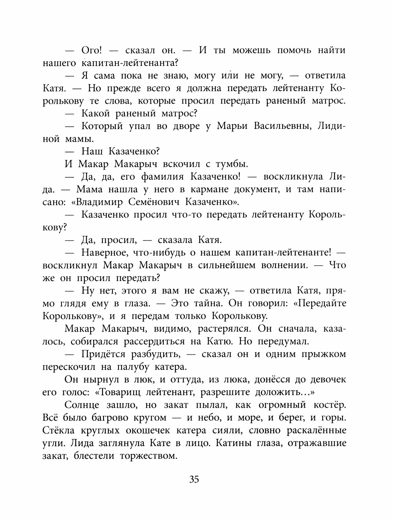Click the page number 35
[x=194, y=479]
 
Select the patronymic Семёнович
[x=156, y=202]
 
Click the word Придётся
[x=103, y=354]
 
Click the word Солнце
[x=82, y=405]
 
